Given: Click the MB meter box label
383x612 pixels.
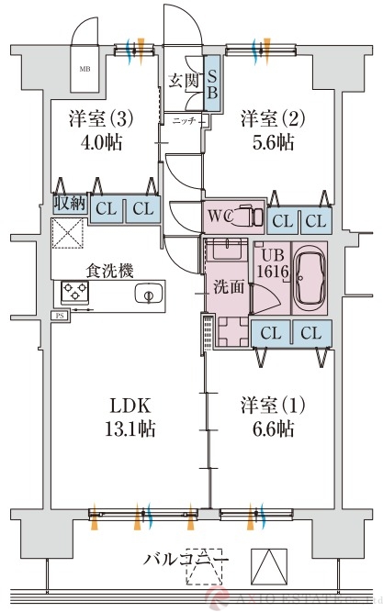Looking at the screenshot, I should point(84,69).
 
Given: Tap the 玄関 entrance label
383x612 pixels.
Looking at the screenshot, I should point(182,82).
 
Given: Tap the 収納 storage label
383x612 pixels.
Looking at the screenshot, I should point(69,203).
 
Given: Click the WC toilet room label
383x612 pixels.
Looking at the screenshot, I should point(220,217).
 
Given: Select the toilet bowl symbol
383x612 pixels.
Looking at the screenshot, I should point(245,217).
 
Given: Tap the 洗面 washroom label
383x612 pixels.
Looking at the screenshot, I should point(230,286).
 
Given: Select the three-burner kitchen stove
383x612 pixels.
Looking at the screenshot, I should point(74,294).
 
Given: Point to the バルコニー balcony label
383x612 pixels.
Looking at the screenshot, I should point(186,559).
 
